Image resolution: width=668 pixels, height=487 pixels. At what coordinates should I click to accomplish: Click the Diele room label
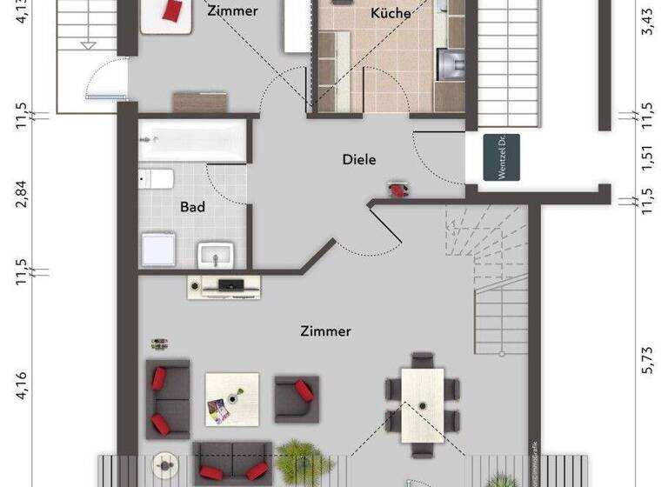361,159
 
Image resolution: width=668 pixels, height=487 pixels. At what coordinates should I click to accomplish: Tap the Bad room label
192,207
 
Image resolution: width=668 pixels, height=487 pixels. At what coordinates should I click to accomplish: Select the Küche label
391,13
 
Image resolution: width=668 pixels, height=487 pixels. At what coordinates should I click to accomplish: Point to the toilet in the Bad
157,179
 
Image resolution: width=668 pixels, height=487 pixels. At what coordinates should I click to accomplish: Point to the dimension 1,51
646,155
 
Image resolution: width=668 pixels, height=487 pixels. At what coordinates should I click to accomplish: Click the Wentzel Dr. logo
503,159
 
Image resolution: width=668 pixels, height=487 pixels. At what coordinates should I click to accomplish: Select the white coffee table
231,399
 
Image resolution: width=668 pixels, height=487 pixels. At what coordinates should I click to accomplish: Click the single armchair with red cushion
297,398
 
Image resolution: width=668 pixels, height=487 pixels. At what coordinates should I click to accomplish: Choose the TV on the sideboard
231,284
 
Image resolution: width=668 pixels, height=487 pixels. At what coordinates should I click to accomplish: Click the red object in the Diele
397,188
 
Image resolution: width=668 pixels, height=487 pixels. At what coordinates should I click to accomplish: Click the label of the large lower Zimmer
325,331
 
